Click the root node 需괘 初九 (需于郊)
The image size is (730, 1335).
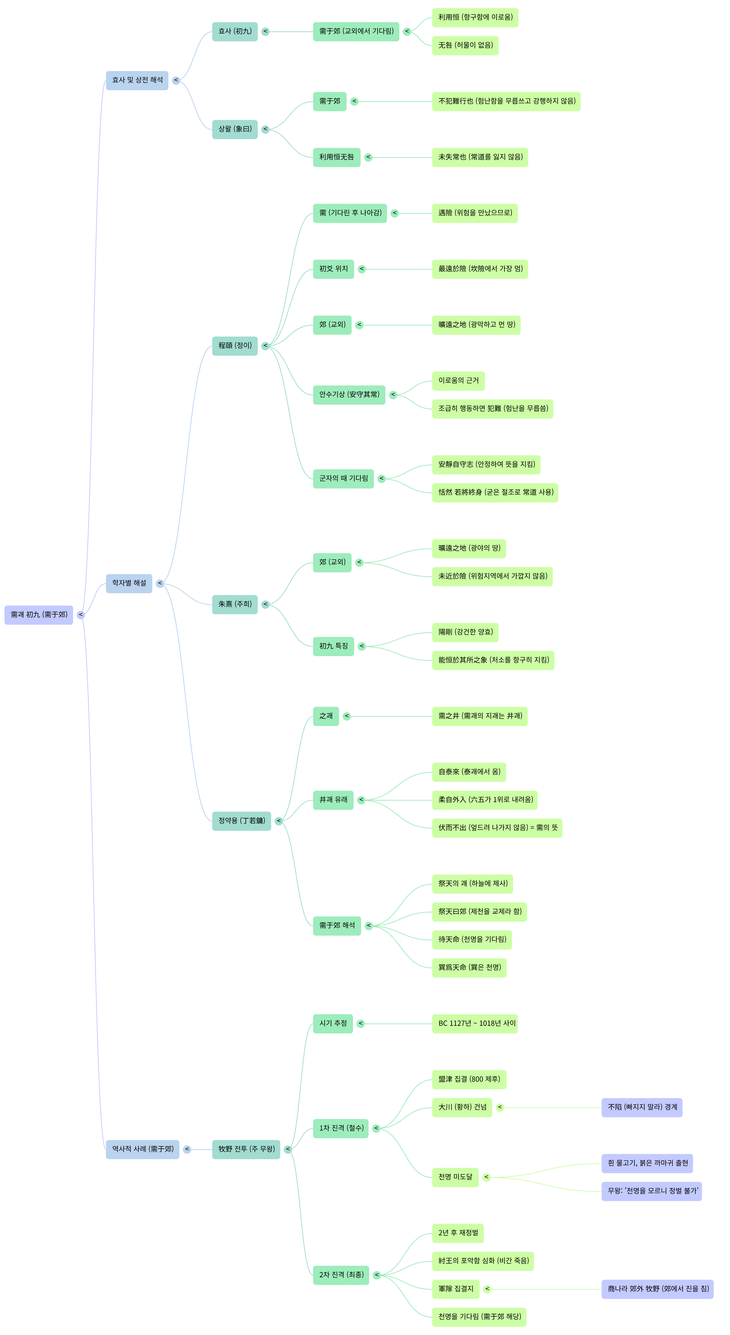39,615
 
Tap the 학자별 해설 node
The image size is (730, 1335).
129,584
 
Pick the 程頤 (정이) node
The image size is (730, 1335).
235,346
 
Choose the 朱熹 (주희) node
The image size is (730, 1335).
235,604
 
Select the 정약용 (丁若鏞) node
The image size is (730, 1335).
241,821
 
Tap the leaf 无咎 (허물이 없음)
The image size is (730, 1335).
465,46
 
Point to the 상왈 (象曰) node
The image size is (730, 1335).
235,129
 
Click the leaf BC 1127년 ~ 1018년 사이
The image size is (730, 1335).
475,1023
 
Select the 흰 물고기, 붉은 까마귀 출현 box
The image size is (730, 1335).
647,1163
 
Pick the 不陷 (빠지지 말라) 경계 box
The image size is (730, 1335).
642,1108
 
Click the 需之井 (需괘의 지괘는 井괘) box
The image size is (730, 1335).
480,716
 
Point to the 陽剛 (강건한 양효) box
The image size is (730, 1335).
465,632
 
